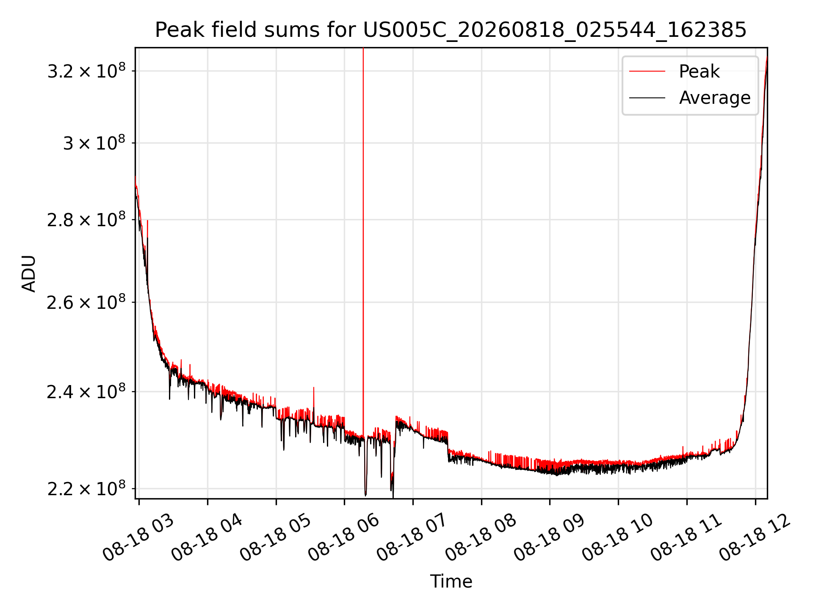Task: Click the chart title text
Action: pyautogui.click(x=451, y=30)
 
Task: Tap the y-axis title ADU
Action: pyautogui.click(x=29, y=273)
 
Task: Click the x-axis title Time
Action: pyautogui.click(x=451, y=581)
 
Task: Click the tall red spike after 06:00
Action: pyautogui.click(x=363, y=241)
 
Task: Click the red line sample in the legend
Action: pyautogui.click(x=647, y=71)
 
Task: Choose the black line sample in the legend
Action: pyautogui.click(x=647, y=98)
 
